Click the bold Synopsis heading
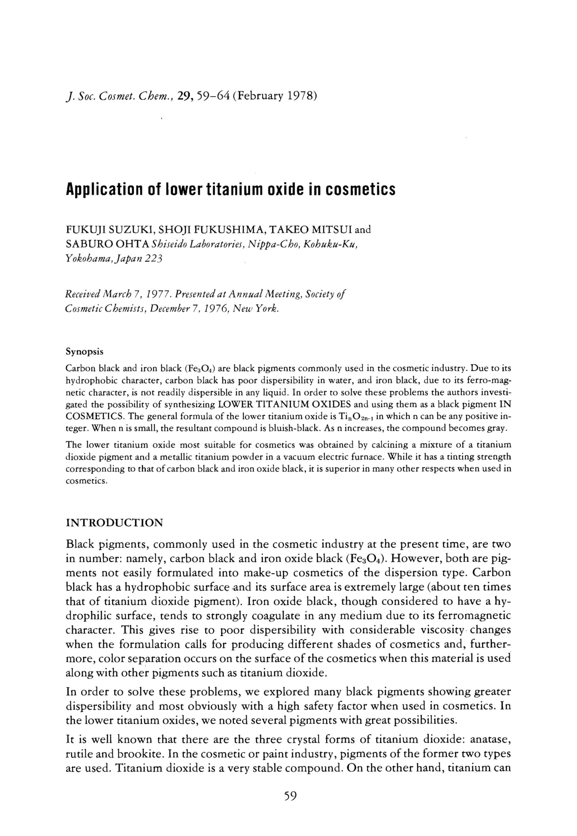[x=84, y=351]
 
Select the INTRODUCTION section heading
[x=114, y=523]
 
